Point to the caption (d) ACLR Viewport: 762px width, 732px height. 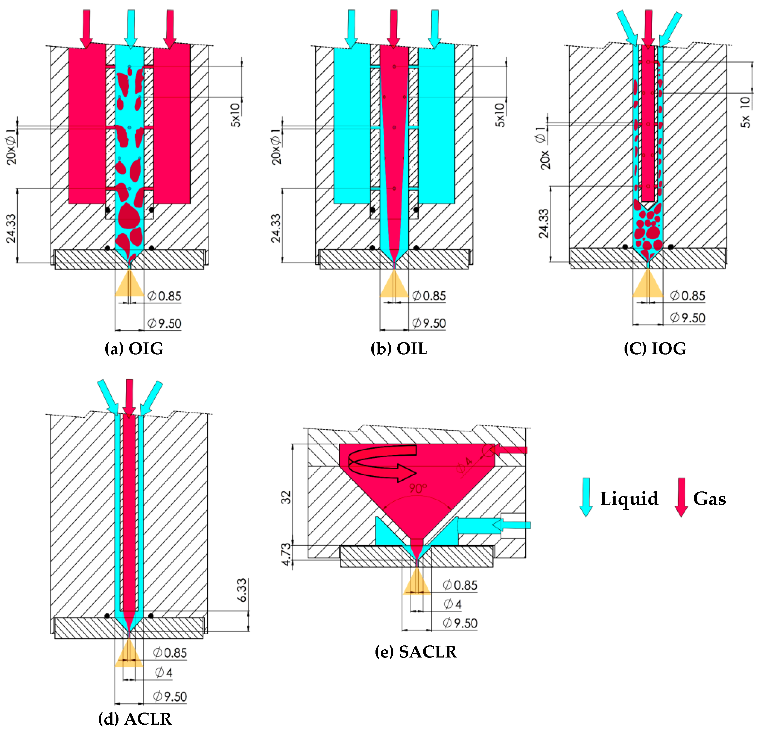[x=135, y=719]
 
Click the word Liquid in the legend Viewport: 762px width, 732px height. [x=629, y=499]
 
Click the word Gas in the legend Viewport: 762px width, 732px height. [x=710, y=499]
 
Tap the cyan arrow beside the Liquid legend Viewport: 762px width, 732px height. [x=586, y=497]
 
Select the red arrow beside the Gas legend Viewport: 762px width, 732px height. [x=681, y=497]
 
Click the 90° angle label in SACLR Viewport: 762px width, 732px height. [x=418, y=488]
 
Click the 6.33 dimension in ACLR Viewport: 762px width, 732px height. [x=242, y=590]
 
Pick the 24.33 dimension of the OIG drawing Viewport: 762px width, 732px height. [x=11, y=228]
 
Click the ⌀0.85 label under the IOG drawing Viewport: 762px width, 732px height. [x=687, y=296]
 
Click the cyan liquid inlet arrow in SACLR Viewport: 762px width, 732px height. [x=511, y=525]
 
